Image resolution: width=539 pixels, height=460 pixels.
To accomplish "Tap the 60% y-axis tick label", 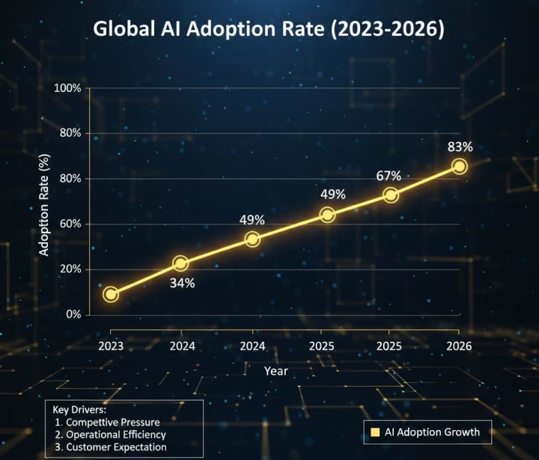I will point(70,224).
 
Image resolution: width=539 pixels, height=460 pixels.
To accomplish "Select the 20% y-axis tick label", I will point(70,269).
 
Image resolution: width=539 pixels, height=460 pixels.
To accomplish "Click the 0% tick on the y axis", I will point(73,314).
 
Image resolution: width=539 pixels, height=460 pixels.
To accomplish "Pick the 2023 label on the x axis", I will point(111,346).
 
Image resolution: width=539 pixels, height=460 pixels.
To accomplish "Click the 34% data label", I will point(182,283).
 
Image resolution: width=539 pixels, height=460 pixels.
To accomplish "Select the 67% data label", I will point(389,176).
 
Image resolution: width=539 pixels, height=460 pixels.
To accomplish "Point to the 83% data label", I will point(460,147).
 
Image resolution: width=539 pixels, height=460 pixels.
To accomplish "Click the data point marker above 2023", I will point(111,294).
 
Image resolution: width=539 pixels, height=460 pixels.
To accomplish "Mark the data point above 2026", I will point(460,166).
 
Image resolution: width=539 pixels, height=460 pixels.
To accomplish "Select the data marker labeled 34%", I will point(180,263).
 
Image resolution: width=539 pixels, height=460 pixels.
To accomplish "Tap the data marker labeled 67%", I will point(390,194).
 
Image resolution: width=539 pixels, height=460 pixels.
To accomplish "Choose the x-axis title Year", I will point(276,370).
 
